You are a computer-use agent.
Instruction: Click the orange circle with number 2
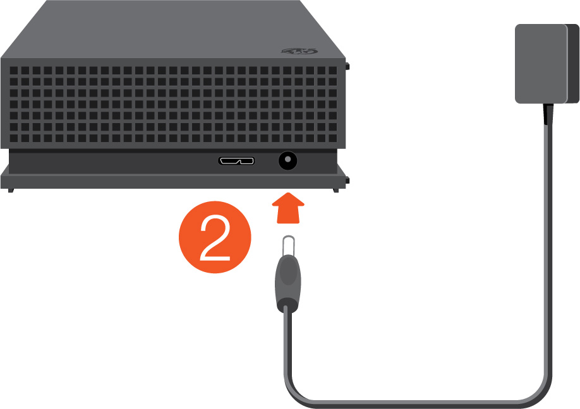pyautogui.click(x=215, y=237)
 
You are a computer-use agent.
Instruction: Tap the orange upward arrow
pyautogui.click(x=288, y=208)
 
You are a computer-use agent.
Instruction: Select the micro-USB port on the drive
pyautogui.click(x=236, y=161)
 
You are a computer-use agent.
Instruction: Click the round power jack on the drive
pyautogui.click(x=287, y=161)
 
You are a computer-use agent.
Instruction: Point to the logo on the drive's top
pyautogui.click(x=299, y=51)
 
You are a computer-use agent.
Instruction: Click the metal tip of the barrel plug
pyautogui.click(x=288, y=246)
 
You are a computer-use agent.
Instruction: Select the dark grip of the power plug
pyautogui.click(x=287, y=283)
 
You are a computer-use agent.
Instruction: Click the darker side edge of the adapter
pyautogui.click(x=572, y=64)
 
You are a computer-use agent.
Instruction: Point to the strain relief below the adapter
pyautogui.click(x=548, y=114)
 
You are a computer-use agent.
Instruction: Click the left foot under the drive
pyautogui.click(x=11, y=190)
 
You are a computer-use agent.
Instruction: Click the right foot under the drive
pyautogui.click(x=335, y=190)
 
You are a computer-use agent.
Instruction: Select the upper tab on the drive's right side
pyautogui.click(x=347, y=66)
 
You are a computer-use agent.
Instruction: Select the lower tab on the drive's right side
pyautogui.click(x=347, y=181)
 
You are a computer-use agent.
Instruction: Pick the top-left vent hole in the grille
pyautogui.click(x=14, y=70)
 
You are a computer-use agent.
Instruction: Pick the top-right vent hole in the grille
pyautogui.click(x=332, y=70)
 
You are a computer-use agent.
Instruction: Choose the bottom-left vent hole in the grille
pyautogui.click(x=14, y=138)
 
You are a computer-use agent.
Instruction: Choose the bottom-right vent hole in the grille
pyautogui.click(x=332, y=138)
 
